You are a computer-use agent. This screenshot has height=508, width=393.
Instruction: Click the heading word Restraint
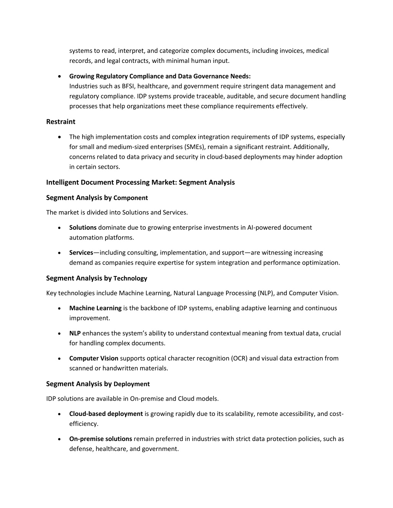61,122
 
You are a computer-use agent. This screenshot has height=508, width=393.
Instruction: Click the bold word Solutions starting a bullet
83,227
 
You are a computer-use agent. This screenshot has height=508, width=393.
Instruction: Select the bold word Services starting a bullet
81,253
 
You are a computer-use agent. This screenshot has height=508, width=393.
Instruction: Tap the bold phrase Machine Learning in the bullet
95,308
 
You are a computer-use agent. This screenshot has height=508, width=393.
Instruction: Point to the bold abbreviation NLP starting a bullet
75,333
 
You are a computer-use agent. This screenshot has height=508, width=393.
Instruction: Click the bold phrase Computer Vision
94,358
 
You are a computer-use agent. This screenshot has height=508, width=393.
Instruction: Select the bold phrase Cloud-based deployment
106,414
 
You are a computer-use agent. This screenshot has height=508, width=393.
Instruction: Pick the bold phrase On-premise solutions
101,439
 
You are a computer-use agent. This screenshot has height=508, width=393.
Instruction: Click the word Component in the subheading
130,198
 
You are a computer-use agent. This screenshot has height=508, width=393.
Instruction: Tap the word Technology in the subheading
130,278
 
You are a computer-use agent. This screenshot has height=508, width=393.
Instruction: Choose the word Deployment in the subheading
132,384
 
